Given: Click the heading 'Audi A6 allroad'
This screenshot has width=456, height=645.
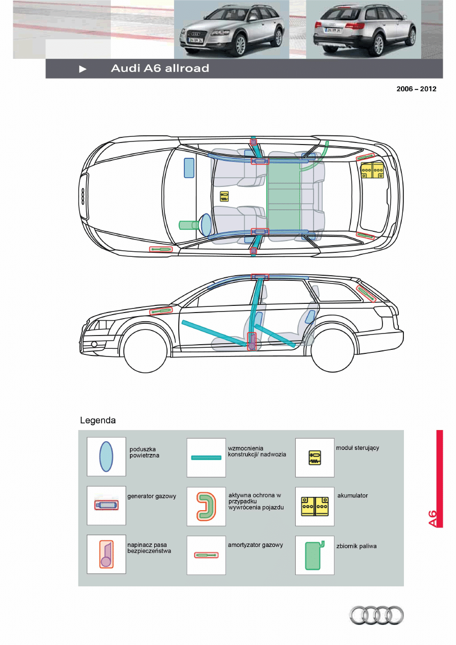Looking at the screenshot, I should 160,69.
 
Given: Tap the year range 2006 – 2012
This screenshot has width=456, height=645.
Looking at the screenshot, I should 416,89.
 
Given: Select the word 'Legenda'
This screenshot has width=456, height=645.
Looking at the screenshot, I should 98,421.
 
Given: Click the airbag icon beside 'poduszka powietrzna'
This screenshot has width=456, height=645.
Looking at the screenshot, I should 106,457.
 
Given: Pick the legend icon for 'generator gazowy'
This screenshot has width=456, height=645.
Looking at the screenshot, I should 106,505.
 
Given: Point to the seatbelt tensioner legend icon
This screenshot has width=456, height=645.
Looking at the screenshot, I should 106,554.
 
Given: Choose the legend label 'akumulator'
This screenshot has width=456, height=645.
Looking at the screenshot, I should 352,496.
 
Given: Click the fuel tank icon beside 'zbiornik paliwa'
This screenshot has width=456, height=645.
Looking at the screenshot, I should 313,555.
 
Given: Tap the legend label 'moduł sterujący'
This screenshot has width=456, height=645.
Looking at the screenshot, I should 357,448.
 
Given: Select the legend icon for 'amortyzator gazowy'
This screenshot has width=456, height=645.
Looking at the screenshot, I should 206,555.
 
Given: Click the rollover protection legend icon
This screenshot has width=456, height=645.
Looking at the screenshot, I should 205,506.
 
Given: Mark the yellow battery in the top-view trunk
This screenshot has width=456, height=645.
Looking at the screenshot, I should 372,171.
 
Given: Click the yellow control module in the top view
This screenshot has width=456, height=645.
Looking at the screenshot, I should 224,196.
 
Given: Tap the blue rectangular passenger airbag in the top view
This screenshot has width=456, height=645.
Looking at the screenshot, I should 189,168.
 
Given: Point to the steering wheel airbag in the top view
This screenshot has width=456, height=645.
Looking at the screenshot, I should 206,225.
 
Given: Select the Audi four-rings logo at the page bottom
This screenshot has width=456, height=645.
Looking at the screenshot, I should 376,615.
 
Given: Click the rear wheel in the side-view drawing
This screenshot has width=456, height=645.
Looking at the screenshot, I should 335,352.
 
